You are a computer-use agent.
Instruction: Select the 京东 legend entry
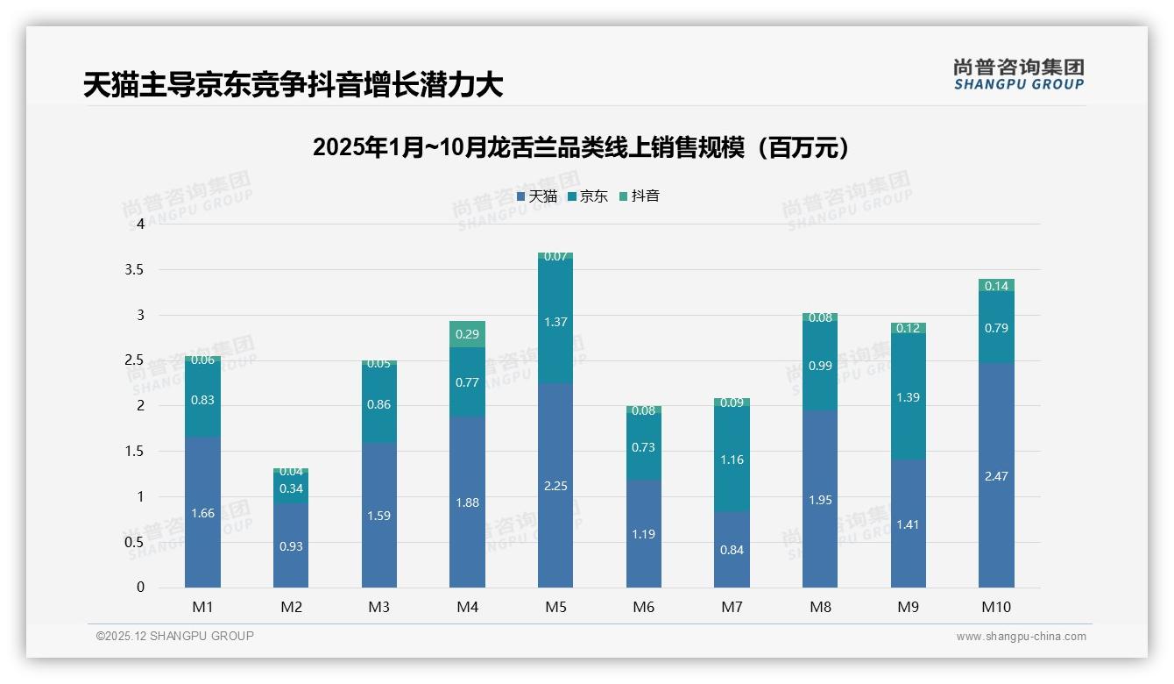588,196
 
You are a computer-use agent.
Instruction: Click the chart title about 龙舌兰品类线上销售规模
581,147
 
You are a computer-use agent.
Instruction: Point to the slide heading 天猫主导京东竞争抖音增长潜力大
293,85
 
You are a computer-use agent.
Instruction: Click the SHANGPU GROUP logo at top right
1018,75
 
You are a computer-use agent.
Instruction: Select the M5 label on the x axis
555,607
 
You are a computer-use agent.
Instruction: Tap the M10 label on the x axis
996,607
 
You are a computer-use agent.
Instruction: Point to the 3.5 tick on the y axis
134,269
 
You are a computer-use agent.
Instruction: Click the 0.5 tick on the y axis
134,542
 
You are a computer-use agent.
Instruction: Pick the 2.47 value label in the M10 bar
996,476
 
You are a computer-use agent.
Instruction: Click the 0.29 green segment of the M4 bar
467,334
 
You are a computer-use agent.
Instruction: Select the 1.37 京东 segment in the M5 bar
555,322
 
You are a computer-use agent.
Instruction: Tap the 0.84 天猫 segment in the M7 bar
732,550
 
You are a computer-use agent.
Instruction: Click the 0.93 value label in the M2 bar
291,546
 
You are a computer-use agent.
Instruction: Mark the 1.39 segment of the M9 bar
909,397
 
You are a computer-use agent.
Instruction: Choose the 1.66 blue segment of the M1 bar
202,513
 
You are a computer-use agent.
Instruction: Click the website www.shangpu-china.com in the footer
1021,637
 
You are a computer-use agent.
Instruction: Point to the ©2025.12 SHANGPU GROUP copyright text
175,637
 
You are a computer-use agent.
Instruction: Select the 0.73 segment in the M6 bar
644,447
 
